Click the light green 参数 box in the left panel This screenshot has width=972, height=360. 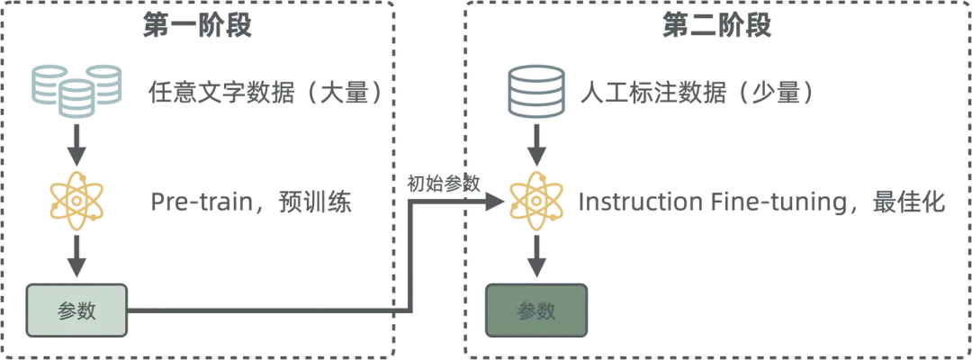point(76,310)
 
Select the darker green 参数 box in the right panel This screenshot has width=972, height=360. point(536,311)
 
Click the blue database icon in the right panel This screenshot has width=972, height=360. point(537,90)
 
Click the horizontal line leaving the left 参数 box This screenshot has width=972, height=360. point(261,311)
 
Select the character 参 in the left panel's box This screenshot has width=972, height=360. point(67,310)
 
